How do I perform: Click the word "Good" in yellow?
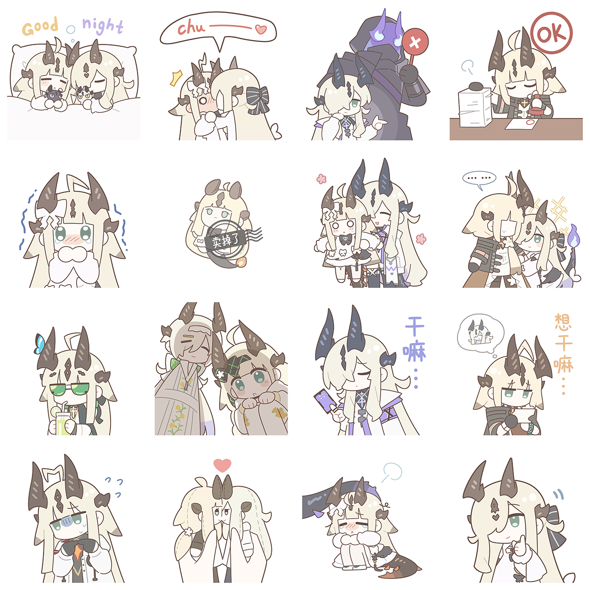(40, 26)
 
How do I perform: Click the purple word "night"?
(103, 26)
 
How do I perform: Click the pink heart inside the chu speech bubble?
(261, 29)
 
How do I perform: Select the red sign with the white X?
(415, 41)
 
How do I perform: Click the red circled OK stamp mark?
(551, 33)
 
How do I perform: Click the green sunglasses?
(69, 389)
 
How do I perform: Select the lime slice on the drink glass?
(55, 411)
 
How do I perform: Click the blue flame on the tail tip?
(573, 235)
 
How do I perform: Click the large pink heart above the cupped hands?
(222, 465)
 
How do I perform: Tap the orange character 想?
(563, 322)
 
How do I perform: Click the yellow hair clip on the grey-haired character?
(186, 341)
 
